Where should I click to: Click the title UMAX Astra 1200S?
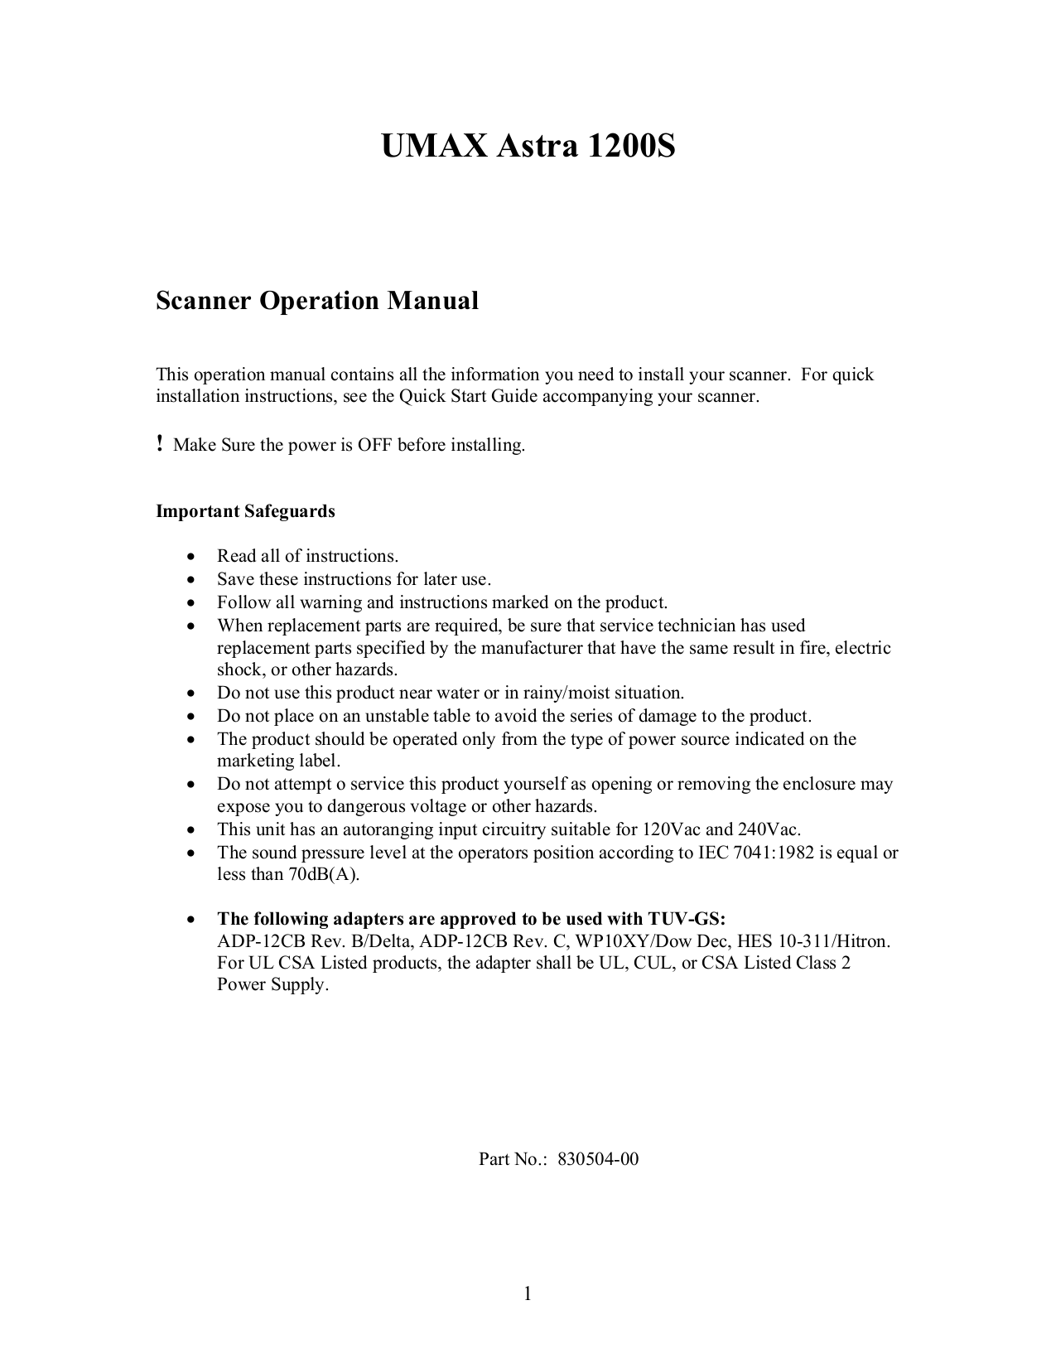pyautogui.click(x=528, y=147)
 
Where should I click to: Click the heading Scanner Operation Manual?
pyautogui.click(x=317, y=301)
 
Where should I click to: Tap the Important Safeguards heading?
pyautogui.click(x=245, y=511)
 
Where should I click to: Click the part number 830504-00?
pyautogui.click(x=598, y=1159)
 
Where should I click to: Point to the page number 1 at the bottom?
pyautogui.click(x=527, y=1293)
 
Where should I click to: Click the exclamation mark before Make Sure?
pyautogui.click(x=160, y=445)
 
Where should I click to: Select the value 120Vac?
pyautogui.click(x=672, y=829)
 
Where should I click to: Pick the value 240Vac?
pyautogui.click(x=769, y=829)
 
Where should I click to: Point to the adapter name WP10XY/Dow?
pyautogui.click(x=627, y=941)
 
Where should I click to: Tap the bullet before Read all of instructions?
pyautogui.click(x=192, y=557)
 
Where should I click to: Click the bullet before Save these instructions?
pyautogui.click(x=192, y=580)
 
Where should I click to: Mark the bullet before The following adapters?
pyautogui.click(x=192, y=920)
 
